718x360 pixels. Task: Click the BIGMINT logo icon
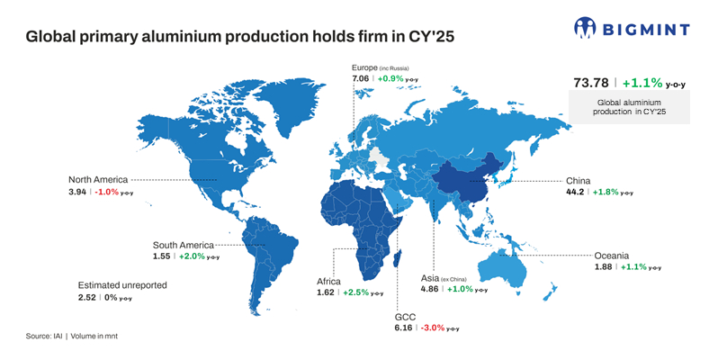pyautogui.click(x=585, y=27)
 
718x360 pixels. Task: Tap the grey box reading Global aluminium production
pyautogui.click(x=630, y=107)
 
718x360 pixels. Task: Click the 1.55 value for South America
pyautogui.click(x=161, y=256)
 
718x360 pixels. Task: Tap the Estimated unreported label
pyautogui.click(x=122, y=285)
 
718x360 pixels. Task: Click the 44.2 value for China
pyautogui.click(x=577, y=193)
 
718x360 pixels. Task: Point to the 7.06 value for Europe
pyautogui.click(x=361, y=79)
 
